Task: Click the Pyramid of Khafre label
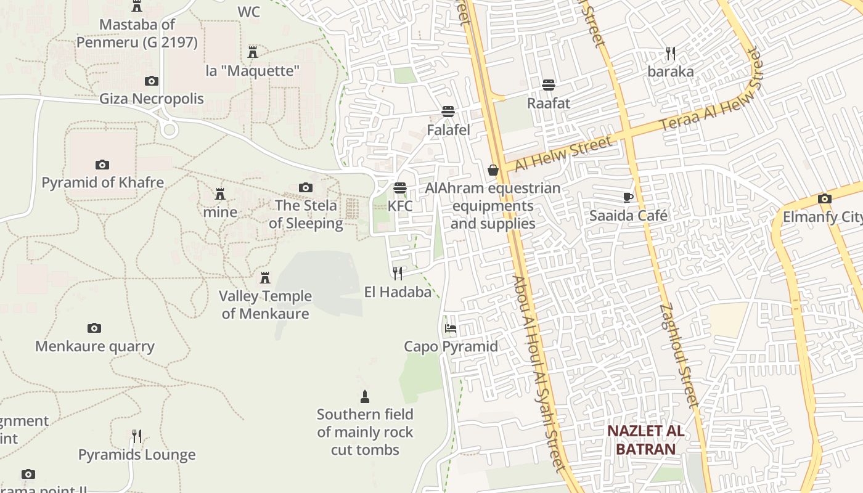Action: click(102, 182)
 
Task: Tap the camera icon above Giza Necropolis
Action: click(151, 81)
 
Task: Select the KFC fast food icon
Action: click(400, 187)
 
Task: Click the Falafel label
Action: click(448, 130)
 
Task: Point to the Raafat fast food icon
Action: click(548, 85)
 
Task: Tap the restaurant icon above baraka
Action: click(670, 54)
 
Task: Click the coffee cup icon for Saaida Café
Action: click(628, 198)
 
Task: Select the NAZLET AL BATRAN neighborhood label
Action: click(645, 439)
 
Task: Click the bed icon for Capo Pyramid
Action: click(451, 328)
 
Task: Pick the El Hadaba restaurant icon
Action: click(398, 273)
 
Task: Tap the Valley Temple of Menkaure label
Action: click(265, 304)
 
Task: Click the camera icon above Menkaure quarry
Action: click(94, 328)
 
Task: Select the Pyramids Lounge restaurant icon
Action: click(137, 436)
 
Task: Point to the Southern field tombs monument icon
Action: click(365, 396)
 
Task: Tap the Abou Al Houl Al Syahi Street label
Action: click(538, 373)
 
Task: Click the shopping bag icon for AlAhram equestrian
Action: click(493, 170)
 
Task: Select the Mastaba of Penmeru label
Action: click(137, 33)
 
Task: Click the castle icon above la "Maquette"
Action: click(252, 52)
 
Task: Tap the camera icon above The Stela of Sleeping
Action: click(305, 187)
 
